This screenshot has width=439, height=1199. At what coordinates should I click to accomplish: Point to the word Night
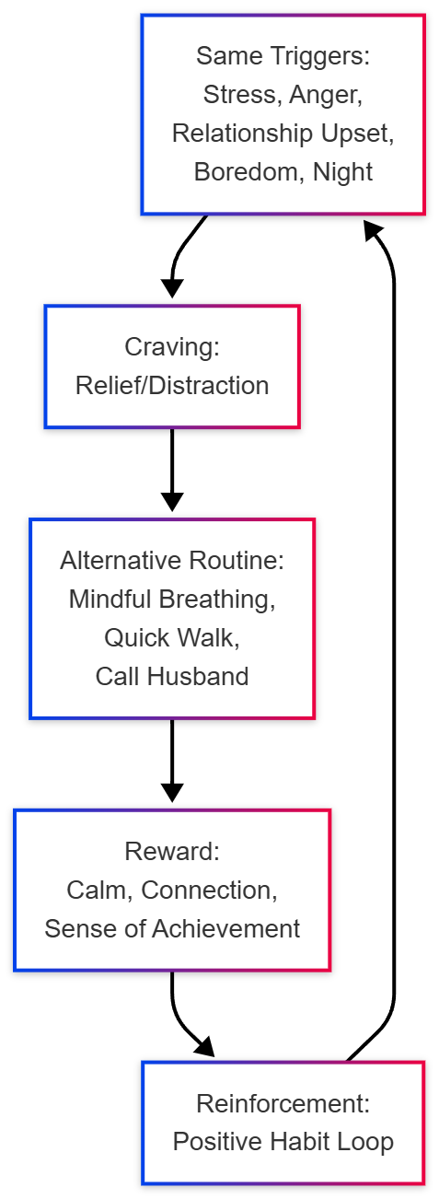[342, 172]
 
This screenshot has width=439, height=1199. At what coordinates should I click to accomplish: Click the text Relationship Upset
[283, 133]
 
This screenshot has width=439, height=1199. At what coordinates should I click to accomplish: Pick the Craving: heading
[172, 347]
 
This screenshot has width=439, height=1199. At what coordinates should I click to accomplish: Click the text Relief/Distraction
[172, 385]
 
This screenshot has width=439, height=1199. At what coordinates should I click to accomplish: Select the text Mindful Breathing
[172, 599]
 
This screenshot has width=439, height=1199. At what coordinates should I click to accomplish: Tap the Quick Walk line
[172, 637]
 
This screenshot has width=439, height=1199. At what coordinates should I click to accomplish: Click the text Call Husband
[172, 676]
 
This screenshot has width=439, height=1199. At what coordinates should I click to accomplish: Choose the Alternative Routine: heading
[172, 560]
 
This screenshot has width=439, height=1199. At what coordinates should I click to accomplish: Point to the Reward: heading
[172, 852]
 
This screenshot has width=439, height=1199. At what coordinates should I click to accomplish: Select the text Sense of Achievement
[172, 928]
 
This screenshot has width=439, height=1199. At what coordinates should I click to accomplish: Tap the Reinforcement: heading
[283, 1104]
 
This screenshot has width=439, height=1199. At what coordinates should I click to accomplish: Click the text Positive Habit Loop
[283, 1142]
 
